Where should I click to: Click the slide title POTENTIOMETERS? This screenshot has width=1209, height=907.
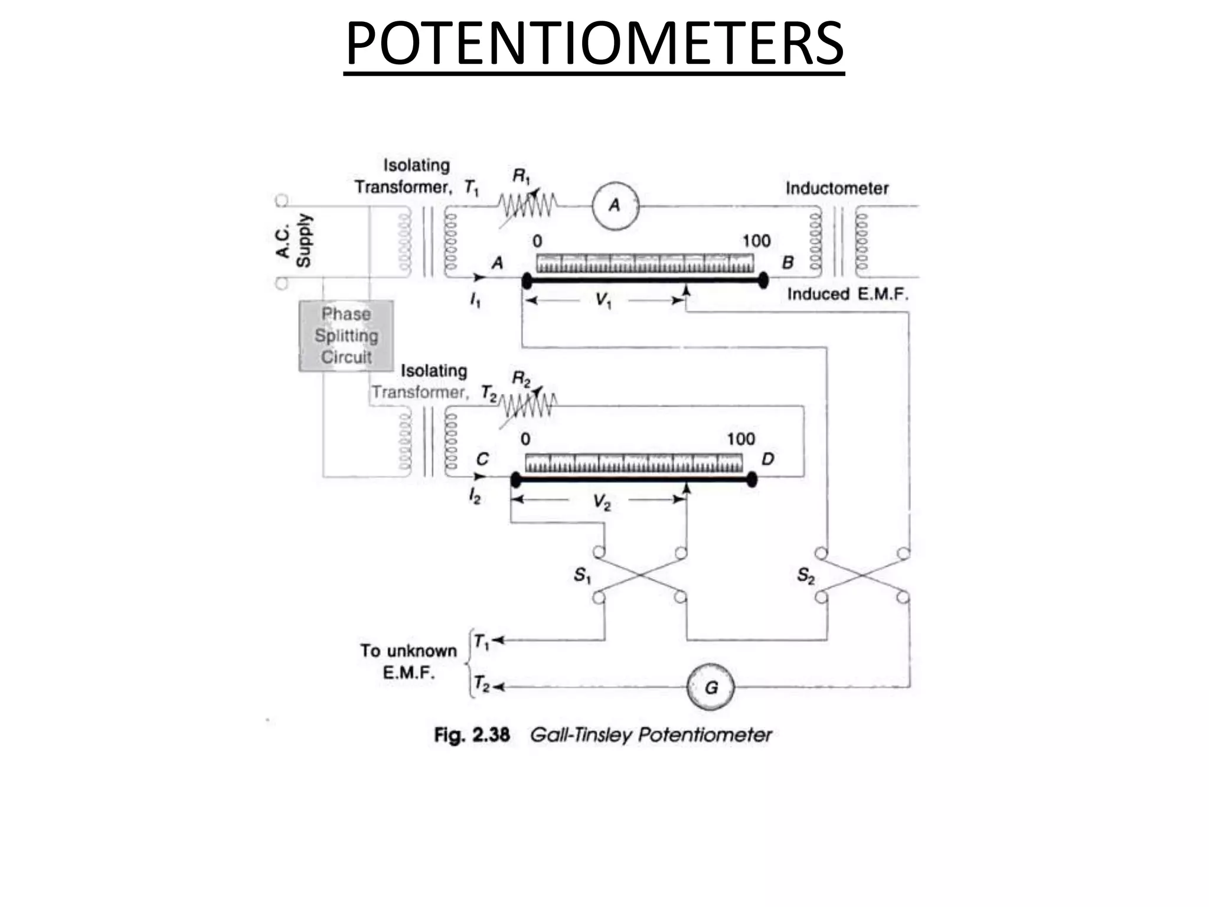click(x=594, y=44)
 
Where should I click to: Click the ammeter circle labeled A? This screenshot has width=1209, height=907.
click(x=615, y=205)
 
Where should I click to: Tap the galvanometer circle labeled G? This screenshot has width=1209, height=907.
click(x=711, y=687)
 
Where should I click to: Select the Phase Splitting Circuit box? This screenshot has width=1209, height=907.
click(x=346, y=335)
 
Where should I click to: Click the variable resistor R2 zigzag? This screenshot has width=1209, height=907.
click(x=527, y=406)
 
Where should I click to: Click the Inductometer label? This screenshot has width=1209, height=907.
click(x=837, y=188)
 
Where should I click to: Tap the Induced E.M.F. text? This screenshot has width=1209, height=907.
click(x=847, y=294)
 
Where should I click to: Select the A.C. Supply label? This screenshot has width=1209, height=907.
click(x=294, y=241)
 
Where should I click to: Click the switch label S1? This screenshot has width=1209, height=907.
click(x=582, y=575)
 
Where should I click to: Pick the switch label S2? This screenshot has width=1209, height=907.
click(x=805, y=575)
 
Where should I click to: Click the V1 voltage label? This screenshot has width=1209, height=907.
click(x=603, y=301)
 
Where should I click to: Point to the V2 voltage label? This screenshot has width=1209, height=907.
click(x=602, y=502)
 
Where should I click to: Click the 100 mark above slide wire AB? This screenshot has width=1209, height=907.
click(x=756, y=241)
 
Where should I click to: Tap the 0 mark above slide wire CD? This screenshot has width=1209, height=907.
click(x=525, y=439)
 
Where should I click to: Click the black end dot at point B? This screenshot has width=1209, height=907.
click(x=763, y=280)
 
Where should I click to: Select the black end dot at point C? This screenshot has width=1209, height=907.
click(x=515, y=479)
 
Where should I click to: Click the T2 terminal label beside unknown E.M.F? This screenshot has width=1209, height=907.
click(x=482, y=685)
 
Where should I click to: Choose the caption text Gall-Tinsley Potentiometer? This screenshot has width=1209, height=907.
click(x=651, y=735)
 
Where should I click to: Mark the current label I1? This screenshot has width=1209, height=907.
click(x=475, y=301)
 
